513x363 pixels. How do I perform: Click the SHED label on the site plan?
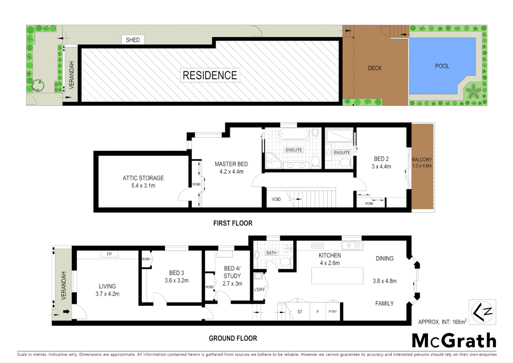[133, 40]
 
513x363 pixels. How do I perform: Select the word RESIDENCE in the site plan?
[210, 75]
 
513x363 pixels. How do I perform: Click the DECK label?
[375, 68]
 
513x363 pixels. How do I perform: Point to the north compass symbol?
[482, 312]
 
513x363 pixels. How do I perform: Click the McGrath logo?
[454, 341]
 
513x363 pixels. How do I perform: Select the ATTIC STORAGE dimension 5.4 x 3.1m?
[143, 186]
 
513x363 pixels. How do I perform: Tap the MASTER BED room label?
[231, 164]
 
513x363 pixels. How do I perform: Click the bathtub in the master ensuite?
[294, 134]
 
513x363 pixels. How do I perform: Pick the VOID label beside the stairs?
[276, 199]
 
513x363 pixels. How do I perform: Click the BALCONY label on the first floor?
[422, 160]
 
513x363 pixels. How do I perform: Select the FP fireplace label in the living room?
[109, 254]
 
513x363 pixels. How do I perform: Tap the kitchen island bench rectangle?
[337, 276]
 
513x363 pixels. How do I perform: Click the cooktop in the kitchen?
[318, 246]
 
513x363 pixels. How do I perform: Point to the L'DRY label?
[260, 289]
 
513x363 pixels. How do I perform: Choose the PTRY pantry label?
[333, 312]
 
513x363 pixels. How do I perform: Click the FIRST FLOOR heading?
[233, 223]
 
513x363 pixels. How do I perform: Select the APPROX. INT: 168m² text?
[442, 322]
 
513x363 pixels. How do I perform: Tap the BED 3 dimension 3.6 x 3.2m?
[177, 280]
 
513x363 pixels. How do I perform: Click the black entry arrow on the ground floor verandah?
[66, 312]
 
